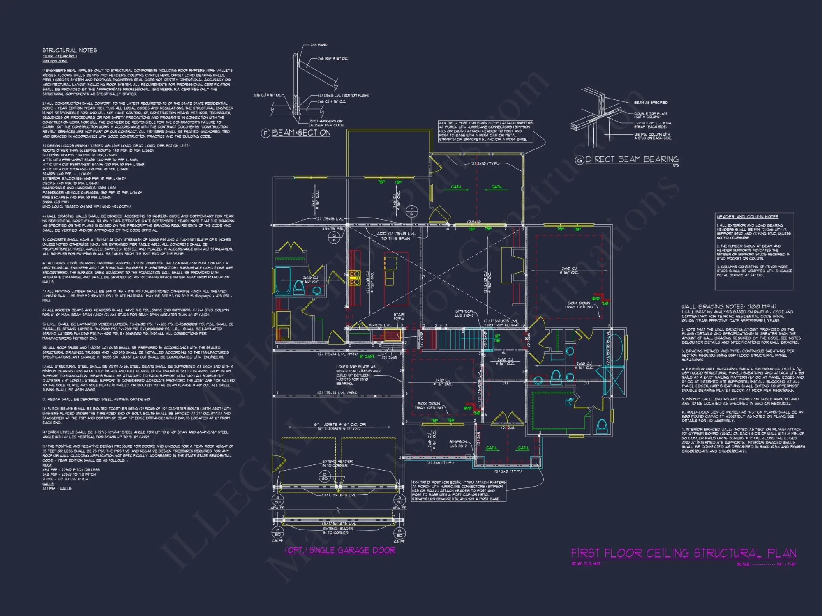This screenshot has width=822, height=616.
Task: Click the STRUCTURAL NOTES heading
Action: click(x=69, y=50)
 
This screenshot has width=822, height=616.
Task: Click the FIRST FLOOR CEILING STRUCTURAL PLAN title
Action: click(x=683, y=553)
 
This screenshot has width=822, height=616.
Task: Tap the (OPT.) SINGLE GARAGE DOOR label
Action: click(x=340, y=550)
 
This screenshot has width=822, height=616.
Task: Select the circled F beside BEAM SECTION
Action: click(x=266, y=133)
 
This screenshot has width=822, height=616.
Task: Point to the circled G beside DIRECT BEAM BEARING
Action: click(x=580, y=160)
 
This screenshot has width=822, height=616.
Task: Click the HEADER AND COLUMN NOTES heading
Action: click(x=747, y=217)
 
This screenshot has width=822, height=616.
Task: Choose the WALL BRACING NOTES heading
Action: click(x=728, y=306)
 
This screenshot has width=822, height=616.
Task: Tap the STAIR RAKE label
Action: click(x=399, y=317)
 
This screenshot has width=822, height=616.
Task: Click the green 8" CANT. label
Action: click(x=367, y=356)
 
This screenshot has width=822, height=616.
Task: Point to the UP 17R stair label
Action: click(x=497, y=338)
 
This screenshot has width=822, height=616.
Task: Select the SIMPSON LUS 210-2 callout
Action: click(x=464, y=313)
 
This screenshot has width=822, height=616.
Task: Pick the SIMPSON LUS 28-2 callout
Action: click(x=458, y=444)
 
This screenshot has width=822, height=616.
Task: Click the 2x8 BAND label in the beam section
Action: click(x=319, y=45)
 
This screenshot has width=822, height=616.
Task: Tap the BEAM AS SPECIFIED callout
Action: click(x=651, y=103)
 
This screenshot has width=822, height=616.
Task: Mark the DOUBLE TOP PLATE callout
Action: click(x=651, y=115)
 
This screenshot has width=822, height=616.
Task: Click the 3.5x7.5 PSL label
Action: click(x=333, y=229)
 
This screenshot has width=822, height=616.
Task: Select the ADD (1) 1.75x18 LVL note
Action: click(x=395, y=236)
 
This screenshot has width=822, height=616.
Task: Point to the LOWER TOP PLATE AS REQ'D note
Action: click(x=358, y=375)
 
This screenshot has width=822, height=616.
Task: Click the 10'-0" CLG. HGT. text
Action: click(x=586, y=564)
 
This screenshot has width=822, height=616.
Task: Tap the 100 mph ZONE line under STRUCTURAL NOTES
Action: click(x=55, y=61)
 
